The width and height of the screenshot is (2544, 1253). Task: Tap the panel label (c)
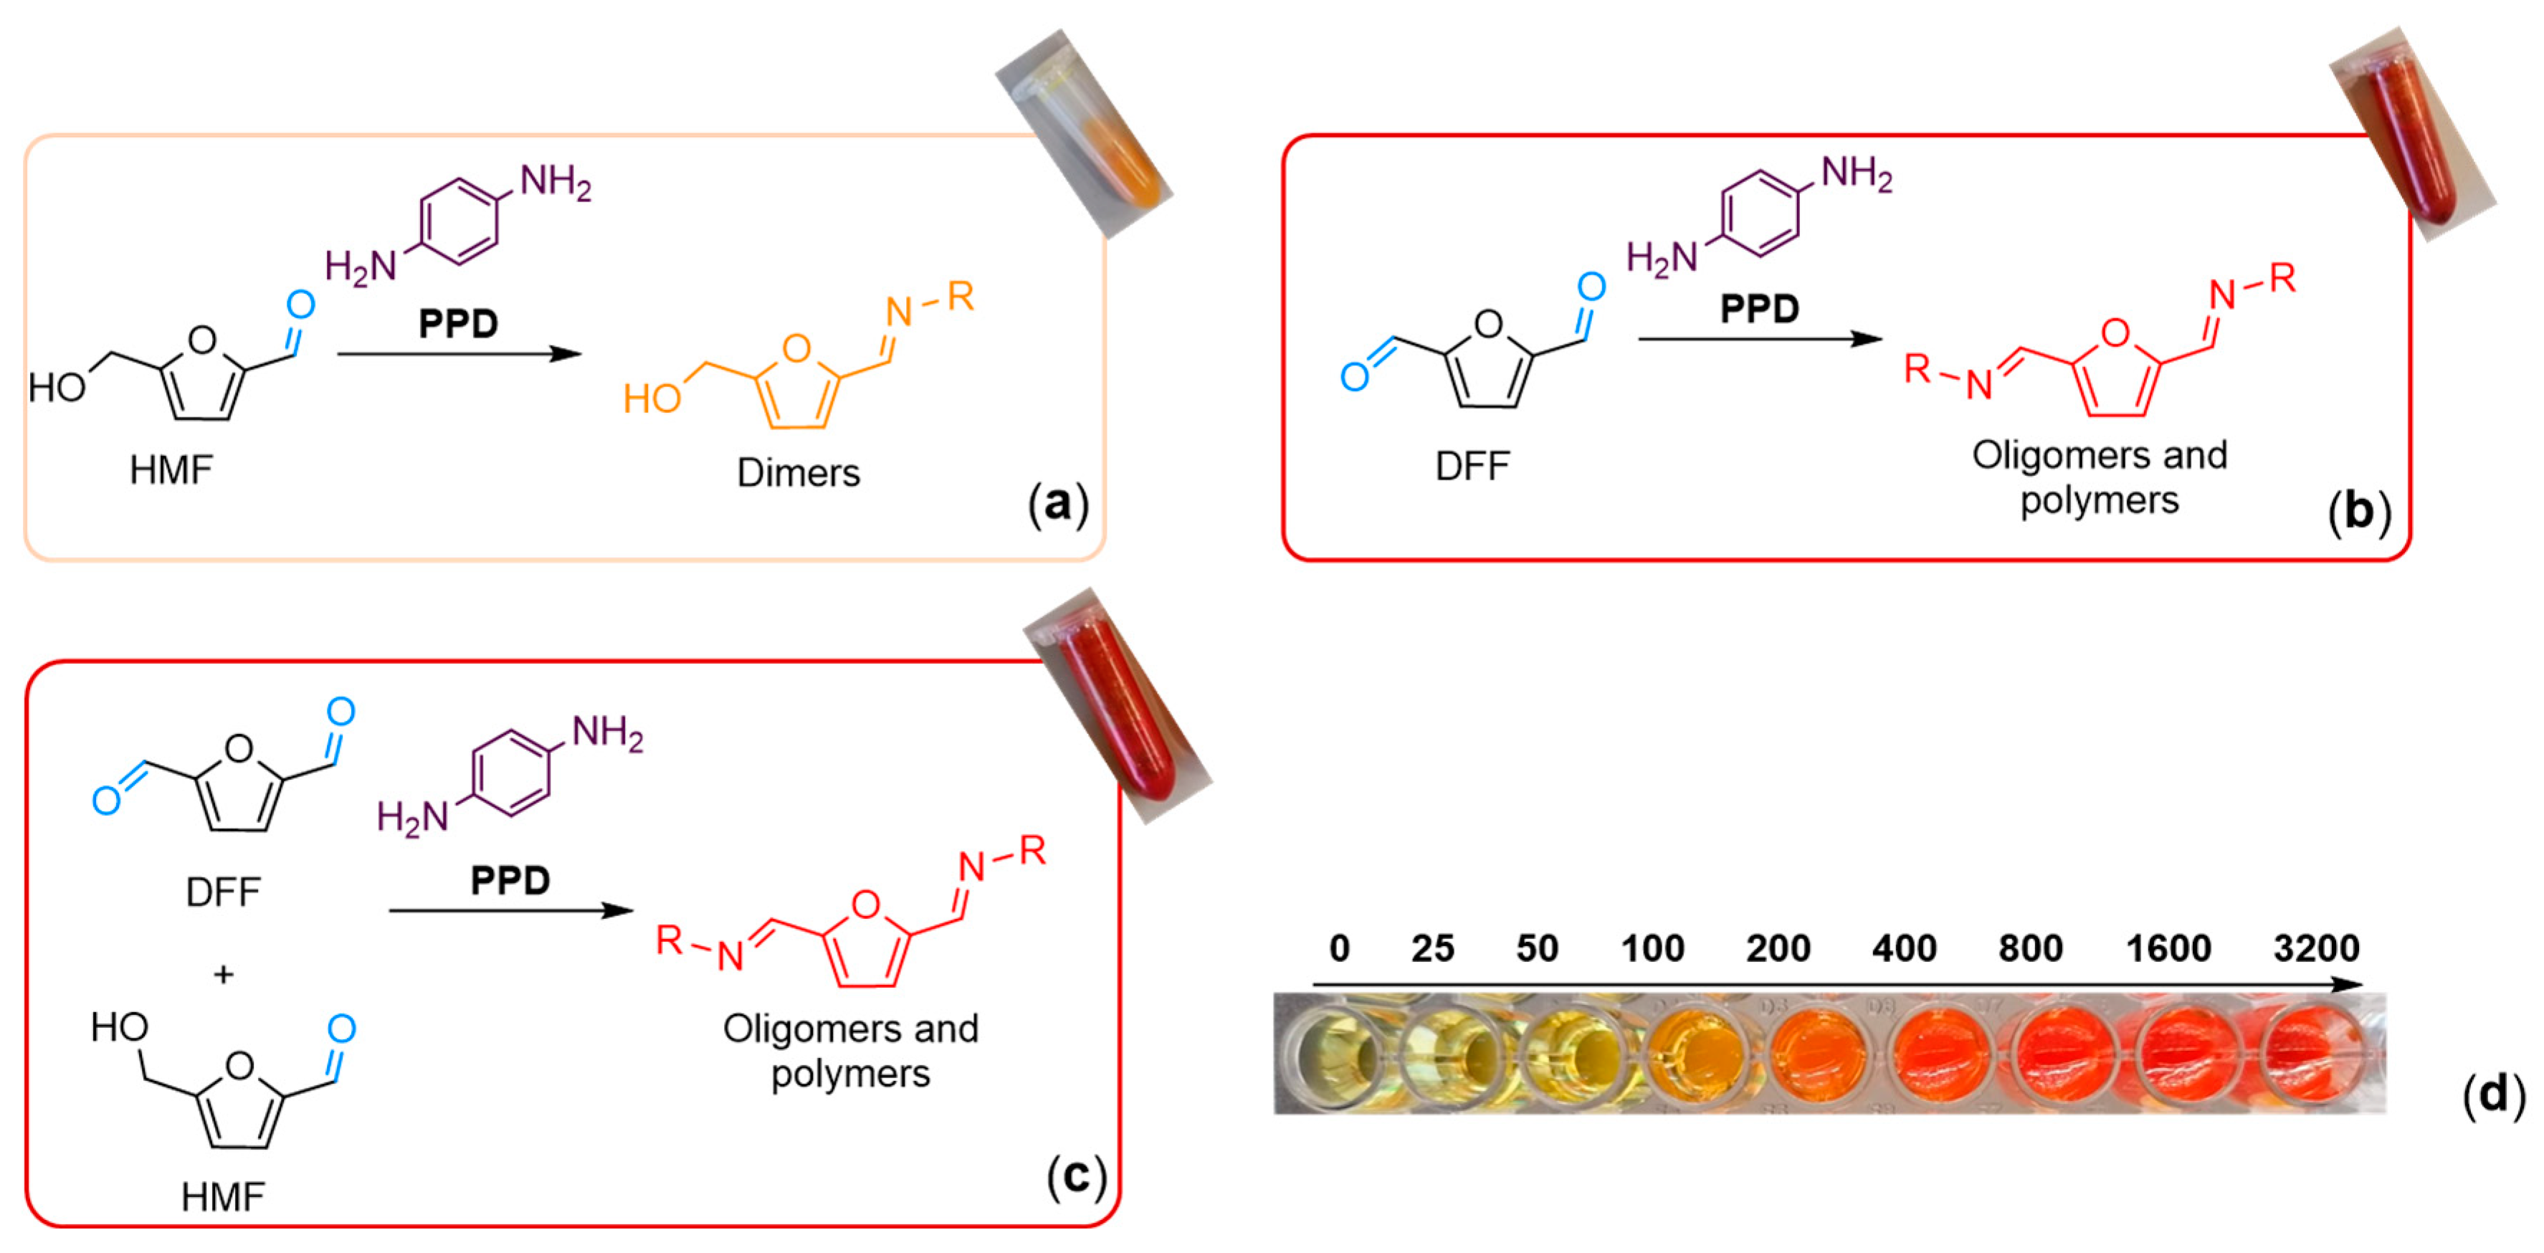tap(1075, 1175)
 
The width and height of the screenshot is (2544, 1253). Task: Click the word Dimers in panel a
tap(798, 473)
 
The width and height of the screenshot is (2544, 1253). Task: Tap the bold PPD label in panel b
tap(1759, 309)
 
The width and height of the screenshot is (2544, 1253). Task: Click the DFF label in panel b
tap(1472, 466)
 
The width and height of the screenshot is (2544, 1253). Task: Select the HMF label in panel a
tap(171, 470)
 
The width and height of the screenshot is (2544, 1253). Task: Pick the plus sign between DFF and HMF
tap(223, 975)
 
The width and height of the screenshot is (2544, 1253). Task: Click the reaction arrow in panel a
tap(459, 353)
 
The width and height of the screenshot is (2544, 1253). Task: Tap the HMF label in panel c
tap(222, 1196)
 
